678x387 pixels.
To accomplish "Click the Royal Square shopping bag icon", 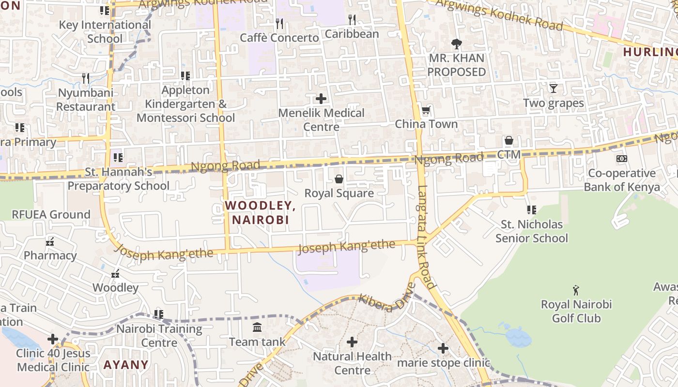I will click(339, 179).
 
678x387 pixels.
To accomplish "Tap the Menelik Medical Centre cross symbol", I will click(321, 99).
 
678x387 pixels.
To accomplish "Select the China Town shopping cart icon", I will click(426, 111).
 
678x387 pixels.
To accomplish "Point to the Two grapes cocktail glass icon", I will click(554, 89).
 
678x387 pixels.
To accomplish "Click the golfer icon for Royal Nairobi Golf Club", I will click(576, 290).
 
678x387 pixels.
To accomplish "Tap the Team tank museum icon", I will click(257, 327).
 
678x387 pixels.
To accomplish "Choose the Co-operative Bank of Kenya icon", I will click(621, 159).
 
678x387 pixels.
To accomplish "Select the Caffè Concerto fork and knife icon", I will click(279, 23).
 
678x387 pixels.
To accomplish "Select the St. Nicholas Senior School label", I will click(531, 231).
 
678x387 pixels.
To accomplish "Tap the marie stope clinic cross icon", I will click(443, 348).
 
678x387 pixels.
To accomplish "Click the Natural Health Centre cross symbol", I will click(352, 342).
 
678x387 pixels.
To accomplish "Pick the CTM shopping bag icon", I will click(509, 141).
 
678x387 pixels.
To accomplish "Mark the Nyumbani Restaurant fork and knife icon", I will click(86, 78).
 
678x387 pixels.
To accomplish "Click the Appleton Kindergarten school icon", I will click(185, 76).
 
